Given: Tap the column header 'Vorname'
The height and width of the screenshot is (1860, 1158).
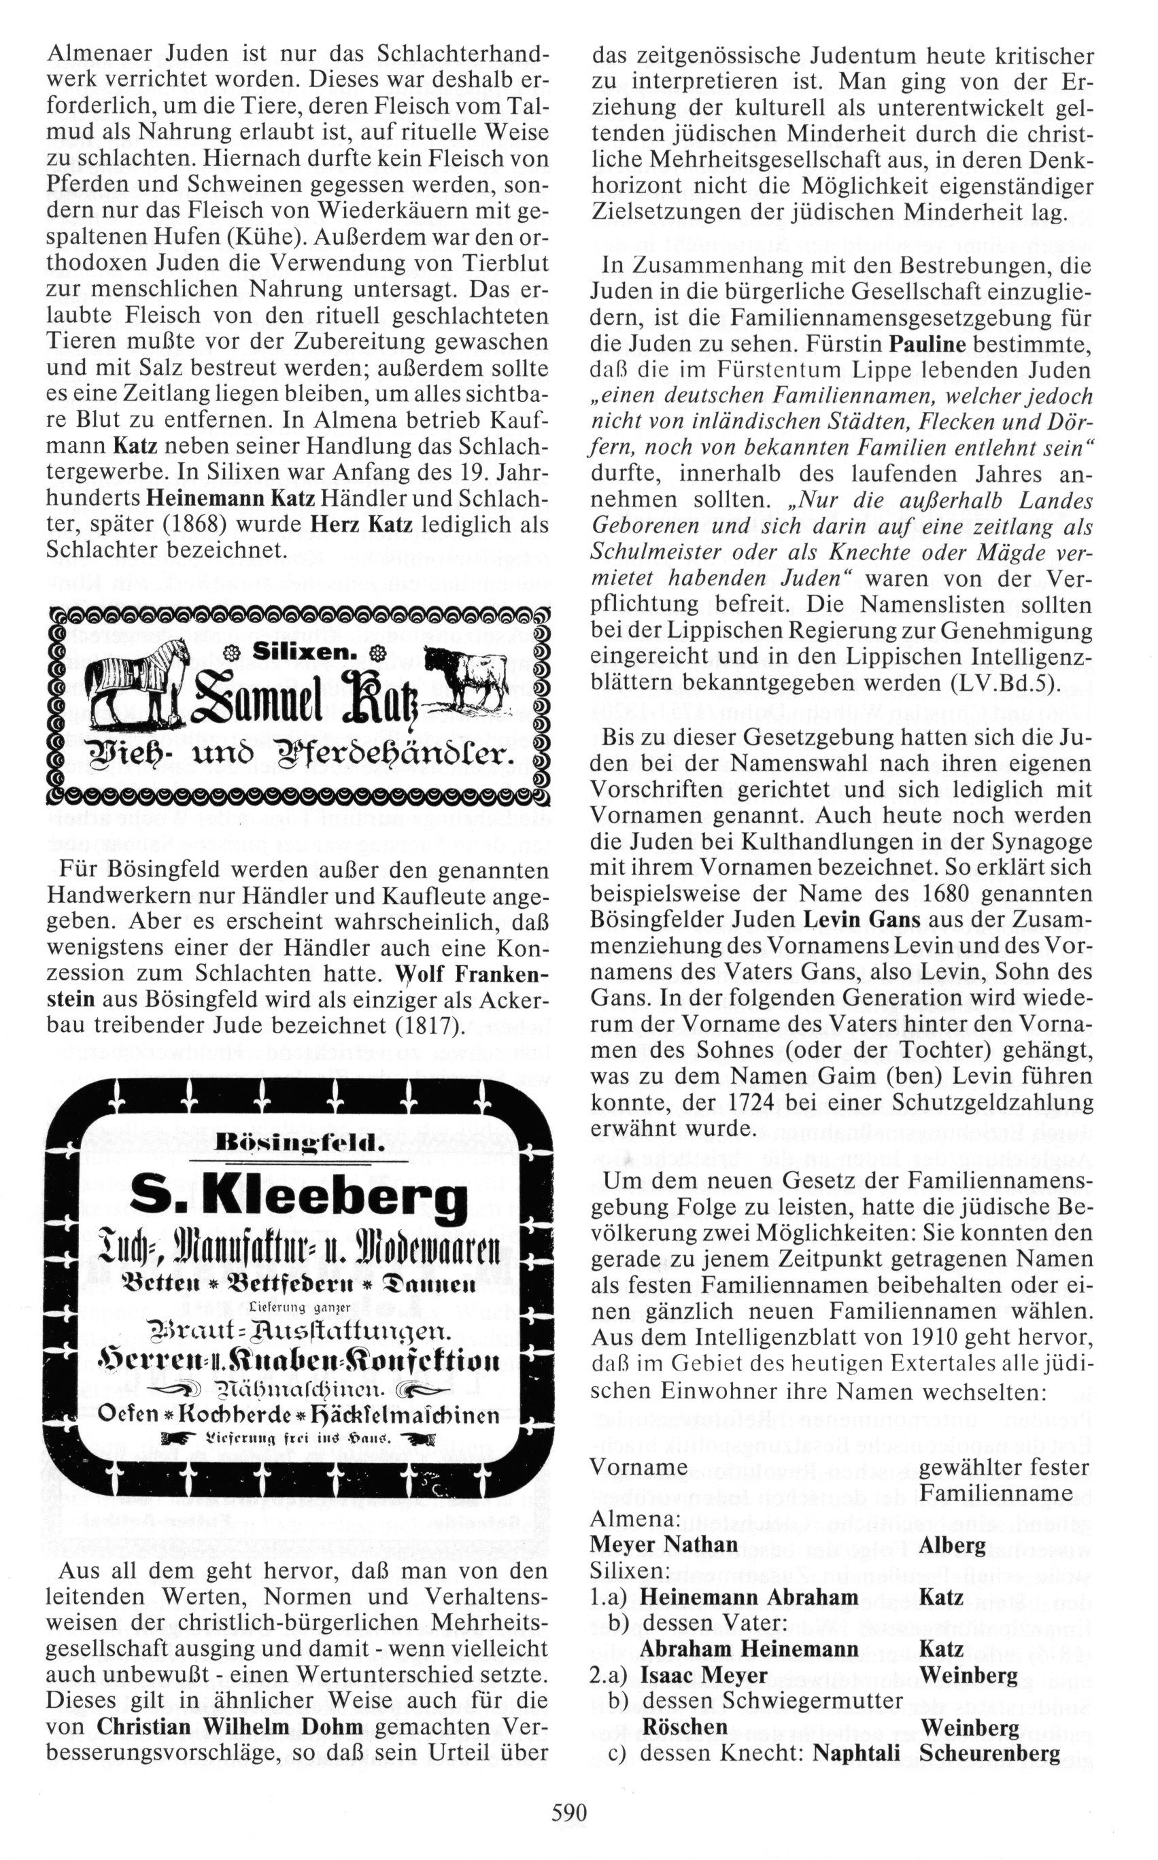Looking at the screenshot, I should (x=638, y=1467).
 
